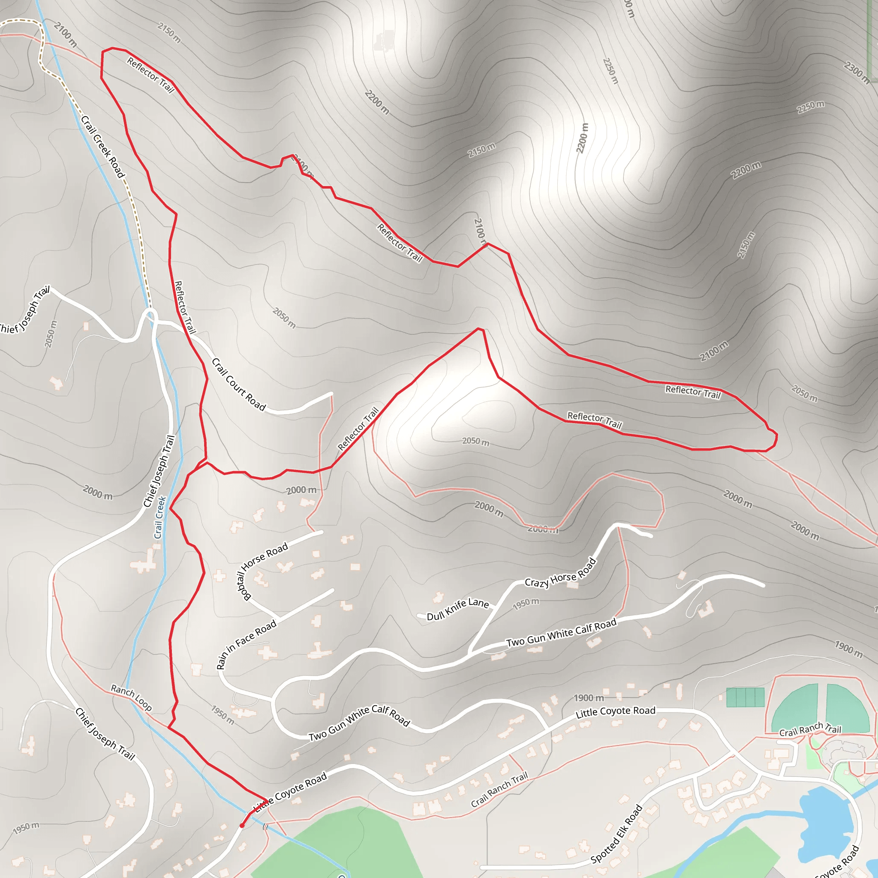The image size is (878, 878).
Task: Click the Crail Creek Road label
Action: click(103, 146)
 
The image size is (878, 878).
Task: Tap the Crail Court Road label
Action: click(239, 384)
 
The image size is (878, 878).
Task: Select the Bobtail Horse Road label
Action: click(263, 570)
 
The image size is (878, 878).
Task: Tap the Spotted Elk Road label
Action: click(616, 833)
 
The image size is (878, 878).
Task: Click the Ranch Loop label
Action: click(131, 698)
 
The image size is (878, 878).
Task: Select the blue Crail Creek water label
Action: click(160, 517)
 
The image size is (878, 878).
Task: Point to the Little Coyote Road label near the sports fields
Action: click(615, 712)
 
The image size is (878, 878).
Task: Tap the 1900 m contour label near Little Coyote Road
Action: click(589, 698)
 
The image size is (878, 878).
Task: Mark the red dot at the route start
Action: click(242, 825)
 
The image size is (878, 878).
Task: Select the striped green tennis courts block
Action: click(745, 697)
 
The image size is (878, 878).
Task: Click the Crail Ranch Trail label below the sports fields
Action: click(810, 728)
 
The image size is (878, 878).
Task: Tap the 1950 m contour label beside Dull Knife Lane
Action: click(526, 604)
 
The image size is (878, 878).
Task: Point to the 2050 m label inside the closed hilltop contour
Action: click(475, 441)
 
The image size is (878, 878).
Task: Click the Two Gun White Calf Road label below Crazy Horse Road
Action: click(561, 633)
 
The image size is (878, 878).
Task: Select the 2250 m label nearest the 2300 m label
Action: click(811, 107)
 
